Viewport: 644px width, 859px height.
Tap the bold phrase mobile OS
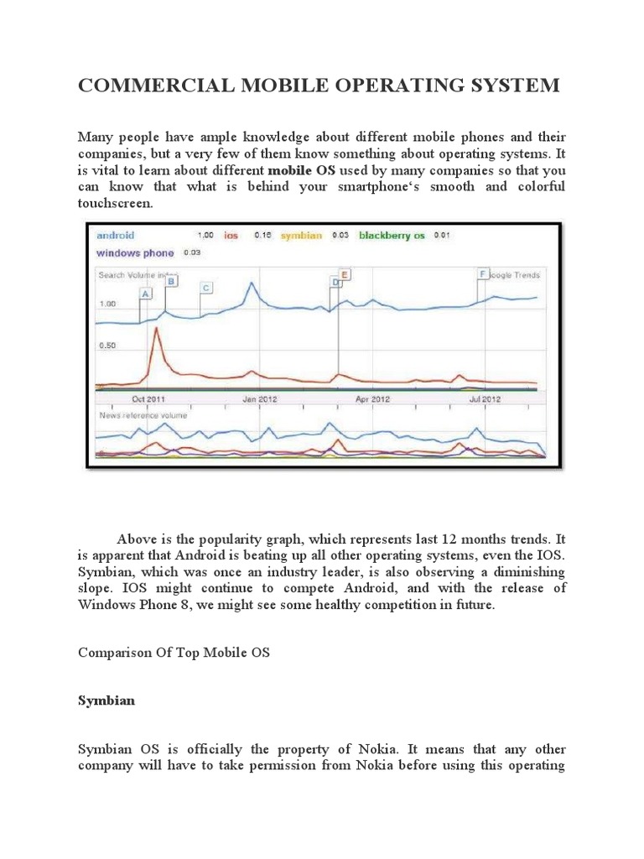click(x=301, y=169)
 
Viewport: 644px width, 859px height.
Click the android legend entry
click(x=116, y=236)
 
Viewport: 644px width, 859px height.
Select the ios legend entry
click(x=231, y=236)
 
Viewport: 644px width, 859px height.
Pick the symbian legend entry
click(x=300, y=236)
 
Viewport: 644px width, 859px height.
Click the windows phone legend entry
click(x=136, y=252)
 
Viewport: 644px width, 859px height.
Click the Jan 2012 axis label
click(x=260, y=399)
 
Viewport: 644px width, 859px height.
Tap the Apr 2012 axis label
click(x=373, y=399)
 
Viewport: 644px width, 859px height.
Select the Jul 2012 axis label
click(x=485, y=399)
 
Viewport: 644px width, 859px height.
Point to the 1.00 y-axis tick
click(x=108, y=303)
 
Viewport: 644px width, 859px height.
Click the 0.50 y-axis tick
click(x=108, y=346)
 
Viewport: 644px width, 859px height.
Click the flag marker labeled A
click(x=145, y=294)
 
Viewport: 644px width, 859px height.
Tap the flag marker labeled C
click(x=205, y=288)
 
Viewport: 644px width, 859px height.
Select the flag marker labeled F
click(x=482, y=274)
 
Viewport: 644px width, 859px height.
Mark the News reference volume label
click(x=143, y=415)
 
